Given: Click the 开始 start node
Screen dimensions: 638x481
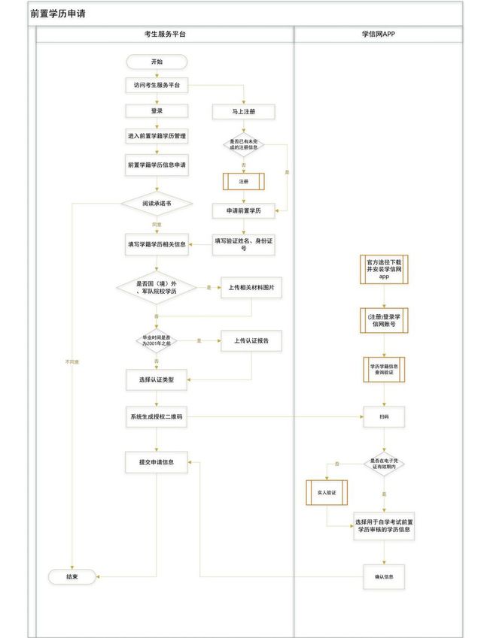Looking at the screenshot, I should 156,62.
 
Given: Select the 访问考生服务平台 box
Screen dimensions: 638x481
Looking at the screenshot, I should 156,85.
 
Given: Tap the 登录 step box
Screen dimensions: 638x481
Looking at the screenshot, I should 156,110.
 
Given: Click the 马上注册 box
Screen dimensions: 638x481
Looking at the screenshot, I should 243,111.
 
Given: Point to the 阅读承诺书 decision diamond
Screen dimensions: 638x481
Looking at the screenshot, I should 156,203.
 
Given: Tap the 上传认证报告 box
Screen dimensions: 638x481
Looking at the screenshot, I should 251,340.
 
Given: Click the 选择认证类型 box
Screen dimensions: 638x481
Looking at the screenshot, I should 156,379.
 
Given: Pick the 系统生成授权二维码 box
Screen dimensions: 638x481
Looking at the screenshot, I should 156,417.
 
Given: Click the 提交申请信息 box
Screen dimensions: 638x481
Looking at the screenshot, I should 156,462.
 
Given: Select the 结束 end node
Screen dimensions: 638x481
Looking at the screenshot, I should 72,576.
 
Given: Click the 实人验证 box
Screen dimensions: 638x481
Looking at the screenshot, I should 326,492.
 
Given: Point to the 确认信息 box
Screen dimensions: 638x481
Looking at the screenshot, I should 384,577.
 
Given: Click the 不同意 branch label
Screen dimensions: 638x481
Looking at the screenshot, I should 72,362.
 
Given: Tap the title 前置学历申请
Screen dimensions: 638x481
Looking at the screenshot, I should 58,13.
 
